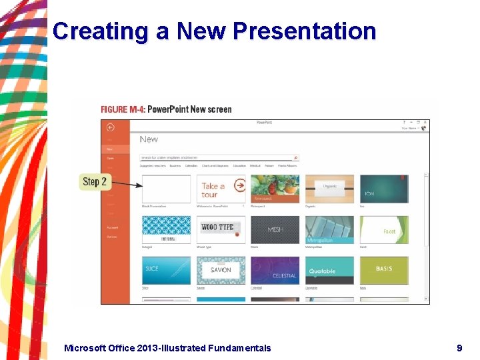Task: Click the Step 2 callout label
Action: pyautogui.click(x=94, y=181)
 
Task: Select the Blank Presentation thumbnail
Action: pyautogui.click(x=166, y=189)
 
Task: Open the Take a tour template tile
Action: pyautogui.click(x=221, y=189)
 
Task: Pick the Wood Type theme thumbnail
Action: pyautogui.click(x=221, y=229)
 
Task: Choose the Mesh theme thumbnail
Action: pyautogui.click(x=275, y=229)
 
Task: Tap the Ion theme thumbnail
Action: pyautogui.click(x=384, y=189)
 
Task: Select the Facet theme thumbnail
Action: pyautogui.click(x=384, y=229)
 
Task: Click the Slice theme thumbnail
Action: pyautogui.click(x=166, y=270)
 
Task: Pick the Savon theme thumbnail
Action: pyautogui.click(x=221, y=270)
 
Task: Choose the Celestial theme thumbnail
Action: pyautogui.click(x=275, y=270)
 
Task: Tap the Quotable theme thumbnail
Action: pyautogui.click(x=329, y=270)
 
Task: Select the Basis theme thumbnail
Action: pyautogui.click(x=384, y=270)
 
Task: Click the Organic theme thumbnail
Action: pyautogui.click(x=329, y=189)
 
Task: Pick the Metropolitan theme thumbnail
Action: pyautogui.click(x=329, y=229)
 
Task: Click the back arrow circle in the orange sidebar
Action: pyautogui.click(x=110, y=127)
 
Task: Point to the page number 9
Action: pyautogui.click(x=459, y=347)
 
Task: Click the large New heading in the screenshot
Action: pyautogui.click(x=149, y=139)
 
